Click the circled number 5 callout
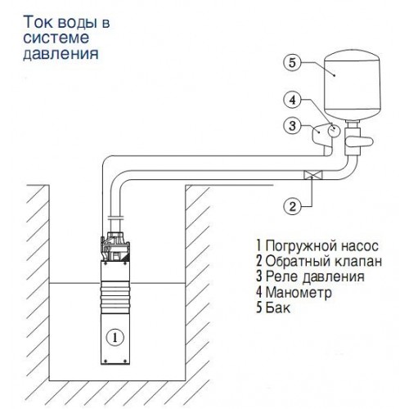click(x=292, y=62)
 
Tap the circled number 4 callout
click(x=292, y=100)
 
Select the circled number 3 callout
click(x=292, y=126)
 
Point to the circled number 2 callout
click(x=292, y=206)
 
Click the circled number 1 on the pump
click(x=115, y=338)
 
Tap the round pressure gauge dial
click(x=334, y=130)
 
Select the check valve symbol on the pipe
click(x=313, y=175)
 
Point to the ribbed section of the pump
click(x=115, y=298)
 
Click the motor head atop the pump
click(x=115, y=246)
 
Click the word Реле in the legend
click(x=282, y=276)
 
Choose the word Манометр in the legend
click(x=299, y=292)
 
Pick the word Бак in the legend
click(x=277, y=308)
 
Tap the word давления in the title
click(x=61, y=54)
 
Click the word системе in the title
click(x=56, y=38)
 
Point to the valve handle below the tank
click(x=358, y=142)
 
